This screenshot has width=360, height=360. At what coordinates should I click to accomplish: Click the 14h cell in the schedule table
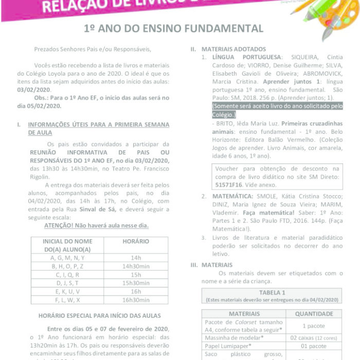tap(136, 258)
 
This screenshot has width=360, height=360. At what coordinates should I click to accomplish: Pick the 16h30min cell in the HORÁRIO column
tap(136, 299)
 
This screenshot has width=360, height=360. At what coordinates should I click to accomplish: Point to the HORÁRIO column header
tap(136, 241)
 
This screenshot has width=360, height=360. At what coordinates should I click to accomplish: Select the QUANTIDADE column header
tap(311, 314)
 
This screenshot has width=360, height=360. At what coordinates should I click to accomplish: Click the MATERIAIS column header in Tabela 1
tap(244, 314)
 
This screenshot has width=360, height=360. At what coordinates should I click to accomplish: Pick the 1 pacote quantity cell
tap(311, 326)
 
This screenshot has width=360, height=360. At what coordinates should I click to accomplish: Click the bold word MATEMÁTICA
tap(231, 196)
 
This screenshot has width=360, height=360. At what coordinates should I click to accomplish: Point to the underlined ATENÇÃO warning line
tap(96, 225)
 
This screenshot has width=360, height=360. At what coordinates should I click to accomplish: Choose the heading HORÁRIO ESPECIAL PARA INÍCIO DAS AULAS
tap(99, 315)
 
